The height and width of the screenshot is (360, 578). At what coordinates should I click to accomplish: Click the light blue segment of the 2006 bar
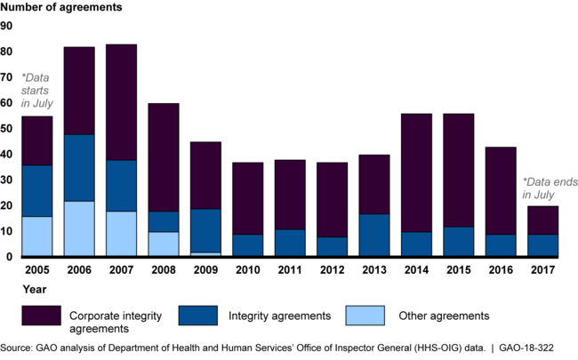pos(78,229)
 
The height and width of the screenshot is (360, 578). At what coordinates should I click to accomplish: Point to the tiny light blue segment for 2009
pos(205,254)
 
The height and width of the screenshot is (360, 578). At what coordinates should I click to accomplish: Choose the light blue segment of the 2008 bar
pos(163,244)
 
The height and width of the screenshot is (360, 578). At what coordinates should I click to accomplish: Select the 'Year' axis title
pos(13,288)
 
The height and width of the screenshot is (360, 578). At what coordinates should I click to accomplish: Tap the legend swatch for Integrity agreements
pos(208,315)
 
